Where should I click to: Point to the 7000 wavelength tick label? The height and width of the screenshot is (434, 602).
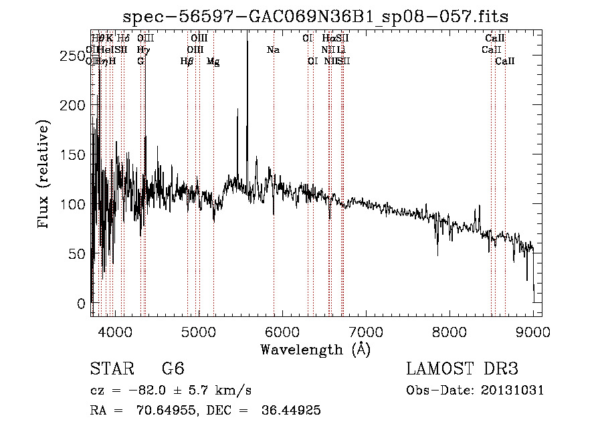point(366,331)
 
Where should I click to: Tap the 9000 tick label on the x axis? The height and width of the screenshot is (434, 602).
point(533,331)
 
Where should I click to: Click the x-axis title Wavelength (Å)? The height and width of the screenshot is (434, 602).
point(315,349)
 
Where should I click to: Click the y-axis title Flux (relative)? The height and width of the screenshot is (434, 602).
point(45,175)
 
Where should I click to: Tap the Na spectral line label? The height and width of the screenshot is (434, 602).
point(273,49)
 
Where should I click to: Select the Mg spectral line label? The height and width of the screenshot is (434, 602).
point(213,62)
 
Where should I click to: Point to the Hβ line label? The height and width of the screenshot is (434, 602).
point(187,61)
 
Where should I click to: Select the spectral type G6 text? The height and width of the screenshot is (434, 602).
point(173,369)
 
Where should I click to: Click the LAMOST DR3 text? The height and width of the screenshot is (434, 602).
point(462,369)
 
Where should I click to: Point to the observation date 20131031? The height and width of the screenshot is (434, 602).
point(514,391)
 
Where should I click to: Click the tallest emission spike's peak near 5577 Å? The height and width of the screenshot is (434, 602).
point(247,33)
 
